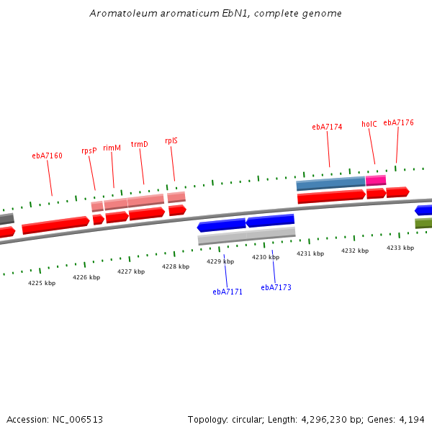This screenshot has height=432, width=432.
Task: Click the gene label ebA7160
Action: [47, 156]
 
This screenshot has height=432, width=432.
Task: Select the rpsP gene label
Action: [89, 151]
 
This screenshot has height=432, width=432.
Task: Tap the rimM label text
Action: [112, 148]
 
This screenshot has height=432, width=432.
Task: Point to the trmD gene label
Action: [139, 144]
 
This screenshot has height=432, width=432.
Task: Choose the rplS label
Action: [171, 141]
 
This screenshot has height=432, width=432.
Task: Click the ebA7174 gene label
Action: [327, 127]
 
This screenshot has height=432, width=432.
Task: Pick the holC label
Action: [369, 124]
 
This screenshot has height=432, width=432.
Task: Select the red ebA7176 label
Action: [398, 123]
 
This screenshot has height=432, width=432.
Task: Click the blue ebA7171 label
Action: [228, 292]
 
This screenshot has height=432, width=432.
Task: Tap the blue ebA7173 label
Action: [276, 287]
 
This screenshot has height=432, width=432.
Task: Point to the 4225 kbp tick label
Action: [42, 283]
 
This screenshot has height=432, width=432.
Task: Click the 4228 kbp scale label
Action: [176, 266]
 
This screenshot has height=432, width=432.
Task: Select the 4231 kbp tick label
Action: [310, 253]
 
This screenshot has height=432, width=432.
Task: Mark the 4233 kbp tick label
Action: [400, 248]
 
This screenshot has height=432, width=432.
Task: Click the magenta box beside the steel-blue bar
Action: [376, 181]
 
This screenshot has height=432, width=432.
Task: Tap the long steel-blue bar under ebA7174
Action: [330, 184]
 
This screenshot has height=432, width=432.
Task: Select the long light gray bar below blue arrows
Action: [247, 235]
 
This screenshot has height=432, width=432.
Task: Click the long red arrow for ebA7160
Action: [55, 225]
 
